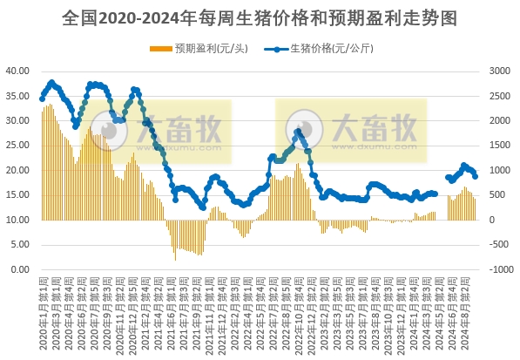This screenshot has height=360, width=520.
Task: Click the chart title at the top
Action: click(260, 17)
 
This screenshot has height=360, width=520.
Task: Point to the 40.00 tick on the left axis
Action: click(18, 71)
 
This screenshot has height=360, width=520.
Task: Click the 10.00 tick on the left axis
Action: click(18, 220)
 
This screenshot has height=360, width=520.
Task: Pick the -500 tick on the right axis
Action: click(501, 245)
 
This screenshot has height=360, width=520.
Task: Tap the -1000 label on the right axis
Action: click(503, 269)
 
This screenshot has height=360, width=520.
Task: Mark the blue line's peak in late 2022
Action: click(299, 131)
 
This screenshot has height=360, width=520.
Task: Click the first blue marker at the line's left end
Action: click(42, 97)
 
